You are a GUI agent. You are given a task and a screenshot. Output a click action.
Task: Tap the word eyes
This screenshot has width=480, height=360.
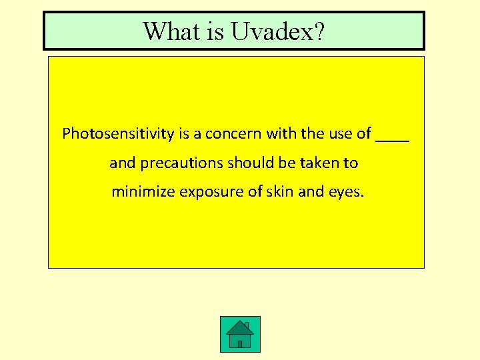[347, 193]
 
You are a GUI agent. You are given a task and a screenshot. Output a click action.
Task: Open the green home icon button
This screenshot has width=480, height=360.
[240, 334]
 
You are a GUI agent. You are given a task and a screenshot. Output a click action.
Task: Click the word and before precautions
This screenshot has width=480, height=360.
[122, 163]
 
